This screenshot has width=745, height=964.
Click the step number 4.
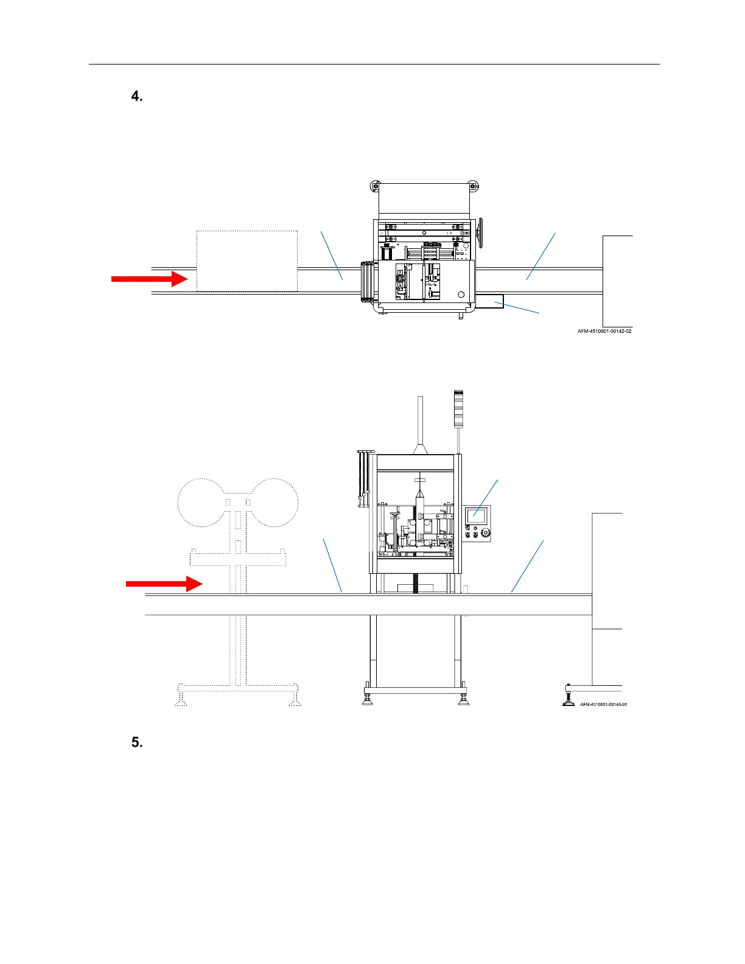point(137,97)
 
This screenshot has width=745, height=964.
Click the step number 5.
point(137,742)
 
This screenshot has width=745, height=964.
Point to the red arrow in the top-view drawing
point(150,279)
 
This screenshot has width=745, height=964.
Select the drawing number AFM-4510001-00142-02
point(604,331)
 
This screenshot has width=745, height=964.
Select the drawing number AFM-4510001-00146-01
point(603,704)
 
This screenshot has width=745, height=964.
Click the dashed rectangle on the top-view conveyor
point(247,260)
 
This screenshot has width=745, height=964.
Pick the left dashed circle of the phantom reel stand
point(200,503)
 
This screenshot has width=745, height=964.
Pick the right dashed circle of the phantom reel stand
point(275,503)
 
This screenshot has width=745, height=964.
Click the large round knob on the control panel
point(485,534)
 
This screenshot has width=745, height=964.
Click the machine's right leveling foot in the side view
point(463,697)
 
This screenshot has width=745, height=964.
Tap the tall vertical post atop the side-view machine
point(420,420)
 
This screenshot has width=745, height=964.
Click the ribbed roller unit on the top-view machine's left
point(368,282)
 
